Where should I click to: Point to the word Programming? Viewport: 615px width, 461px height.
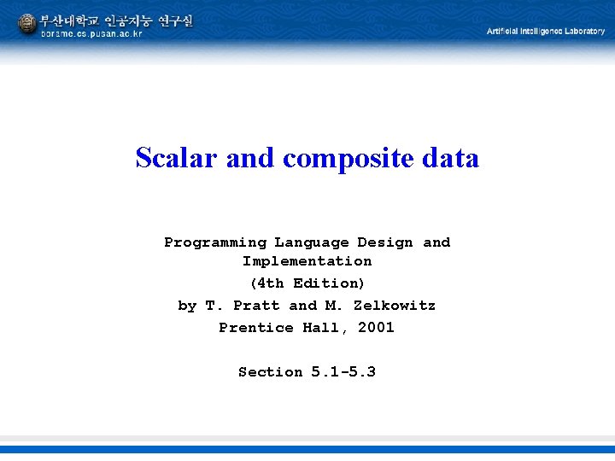[x=215, y=242]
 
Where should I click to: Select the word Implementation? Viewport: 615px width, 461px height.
[x=307, y=261]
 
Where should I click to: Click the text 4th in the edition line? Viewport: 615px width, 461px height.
[x=269, y=283]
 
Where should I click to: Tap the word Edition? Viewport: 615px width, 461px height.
[x=329, y=283]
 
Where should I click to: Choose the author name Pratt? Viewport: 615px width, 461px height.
[x=256, y=306]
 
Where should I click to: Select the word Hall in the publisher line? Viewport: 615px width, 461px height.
[x=324, y=328]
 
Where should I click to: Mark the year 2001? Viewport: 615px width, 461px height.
[x=376, y=328]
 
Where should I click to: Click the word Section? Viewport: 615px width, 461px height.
[x=270, y=372]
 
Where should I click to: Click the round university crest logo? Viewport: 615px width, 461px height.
[x=26, y=25]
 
